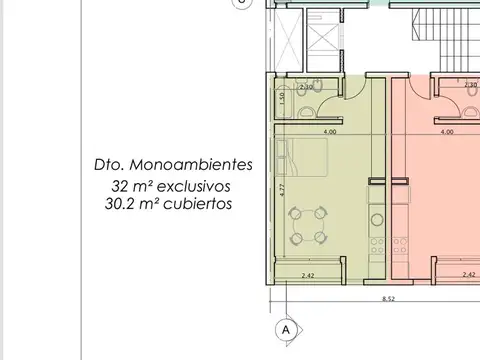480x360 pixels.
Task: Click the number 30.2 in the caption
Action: click(x=121, y=204)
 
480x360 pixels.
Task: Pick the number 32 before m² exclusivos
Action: click(x=121, y=186)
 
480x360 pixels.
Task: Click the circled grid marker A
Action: click(x=285, y=328)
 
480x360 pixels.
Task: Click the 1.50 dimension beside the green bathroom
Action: click(x=282, y=98)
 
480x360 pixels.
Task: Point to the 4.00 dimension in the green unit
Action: click(x=329, y=132)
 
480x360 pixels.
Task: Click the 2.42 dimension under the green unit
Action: click(x=308, y=274)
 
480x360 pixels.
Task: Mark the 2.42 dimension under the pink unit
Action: click(x=468, y=274)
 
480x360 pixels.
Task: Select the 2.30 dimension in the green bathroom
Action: click(x=307, y=87)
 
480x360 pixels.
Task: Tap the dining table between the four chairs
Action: click(x=308, y=225)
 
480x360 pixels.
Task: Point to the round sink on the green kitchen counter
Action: click(x=377, y=216)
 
